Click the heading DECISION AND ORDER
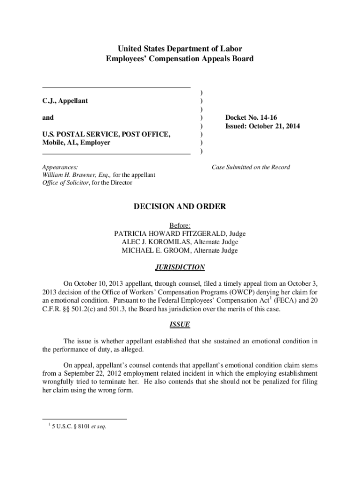tap(180, 206)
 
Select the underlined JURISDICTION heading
tap(180, 268)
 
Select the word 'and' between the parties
tap(48, 117)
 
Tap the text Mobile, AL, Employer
tap(76, 143)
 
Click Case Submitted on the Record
tap(251, 167)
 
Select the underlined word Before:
tap(180, 225)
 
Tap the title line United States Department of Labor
tap(180, 49)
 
